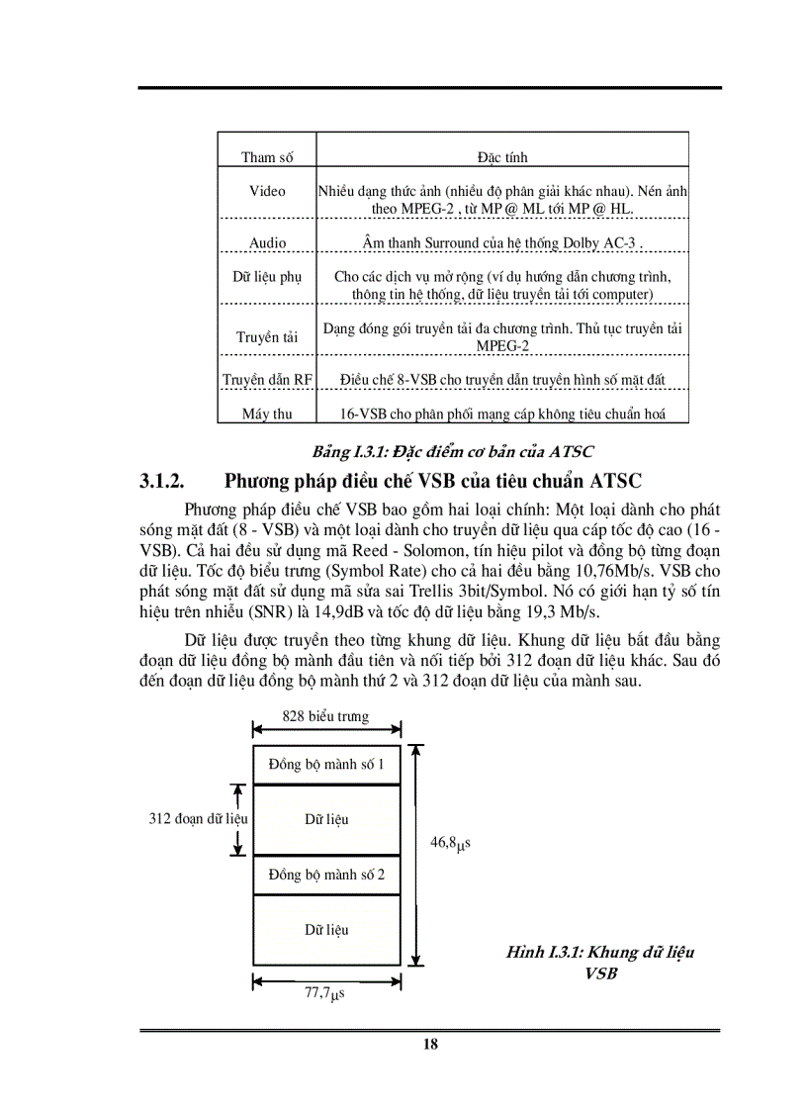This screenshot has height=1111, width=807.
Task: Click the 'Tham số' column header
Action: click(266, 157)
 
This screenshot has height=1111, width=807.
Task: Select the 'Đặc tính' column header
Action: click(502, 157)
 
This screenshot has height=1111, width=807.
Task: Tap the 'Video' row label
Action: click(267, 191)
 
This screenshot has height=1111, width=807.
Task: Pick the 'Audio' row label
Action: click(267, 242)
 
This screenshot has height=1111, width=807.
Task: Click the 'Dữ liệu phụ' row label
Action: click(267, 277)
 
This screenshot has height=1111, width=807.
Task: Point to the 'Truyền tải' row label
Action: click(267, 337)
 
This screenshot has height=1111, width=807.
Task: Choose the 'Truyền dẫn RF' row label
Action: click(267, 379)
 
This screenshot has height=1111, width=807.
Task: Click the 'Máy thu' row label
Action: click(267, 414)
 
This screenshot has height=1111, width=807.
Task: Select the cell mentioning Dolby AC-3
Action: click(502, 242)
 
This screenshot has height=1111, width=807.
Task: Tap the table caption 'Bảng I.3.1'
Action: click(453, 452)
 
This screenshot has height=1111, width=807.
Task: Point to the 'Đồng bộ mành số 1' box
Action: click(326, 765)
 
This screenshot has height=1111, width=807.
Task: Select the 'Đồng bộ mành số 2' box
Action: click(326, 875)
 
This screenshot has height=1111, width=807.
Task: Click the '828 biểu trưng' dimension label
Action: click(325, 716)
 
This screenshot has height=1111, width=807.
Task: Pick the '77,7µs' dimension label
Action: click(323, 993)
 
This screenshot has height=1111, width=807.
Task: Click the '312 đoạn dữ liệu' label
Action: click(198, 819)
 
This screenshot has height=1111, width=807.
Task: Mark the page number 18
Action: click(430, 1044)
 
